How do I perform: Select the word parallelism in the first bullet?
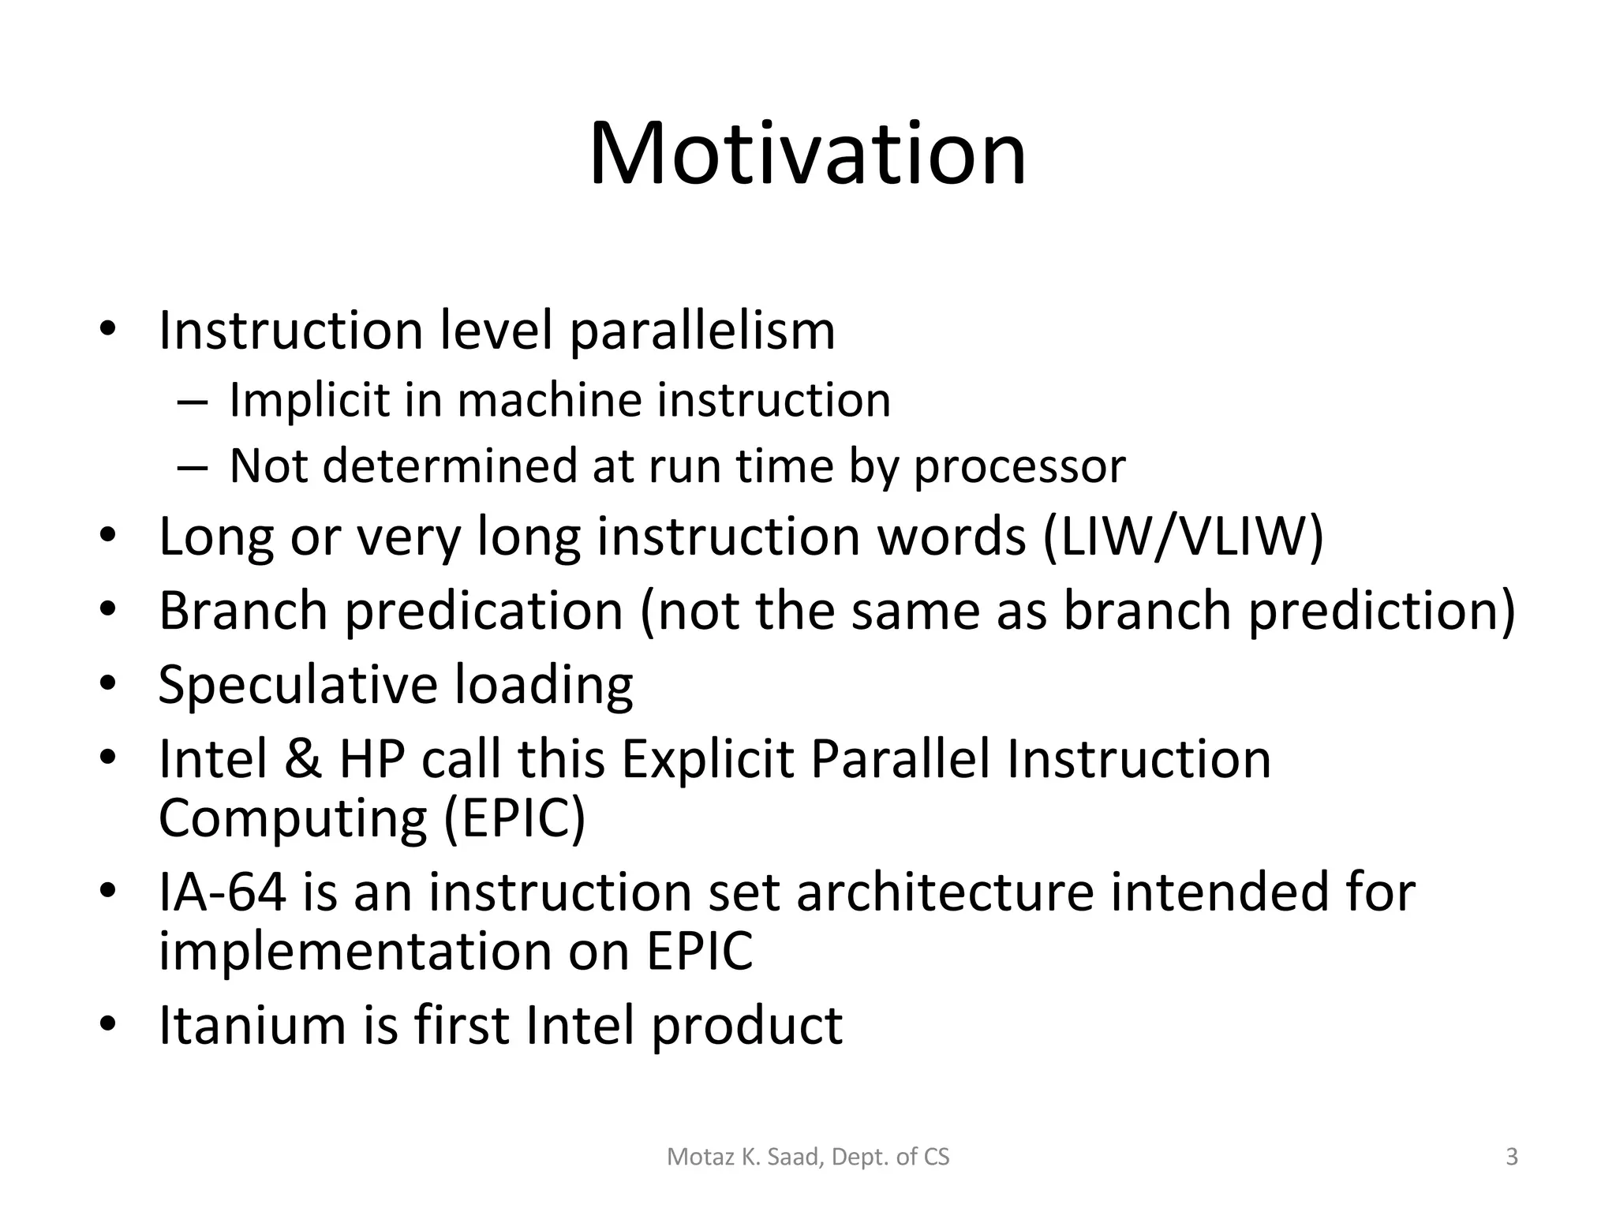[701, 331]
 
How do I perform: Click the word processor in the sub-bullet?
[1019, 467]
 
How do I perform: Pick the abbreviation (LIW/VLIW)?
[1183, 537]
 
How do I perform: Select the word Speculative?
[297, 685]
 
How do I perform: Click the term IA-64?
[223, 892]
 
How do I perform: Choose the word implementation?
[354, 952]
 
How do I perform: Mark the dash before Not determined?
[193, 467]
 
